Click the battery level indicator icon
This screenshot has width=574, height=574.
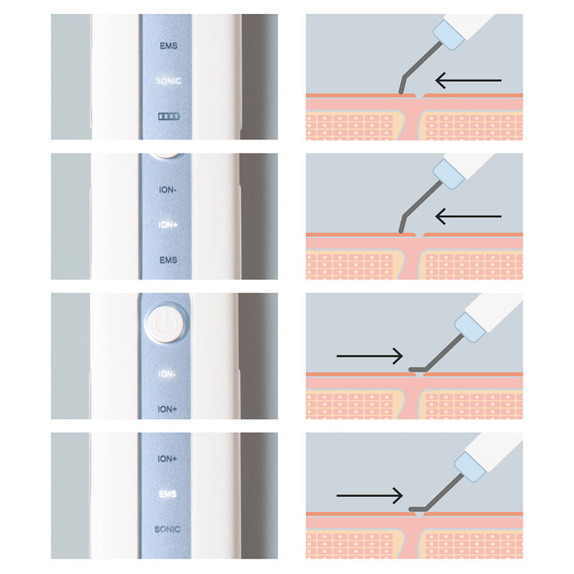point(169,116)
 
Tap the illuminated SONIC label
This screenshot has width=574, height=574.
point(168,81)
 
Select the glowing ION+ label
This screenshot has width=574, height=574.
point(168,225)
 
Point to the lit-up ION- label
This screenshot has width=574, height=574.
point(167,374)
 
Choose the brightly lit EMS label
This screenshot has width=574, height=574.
point(167,494)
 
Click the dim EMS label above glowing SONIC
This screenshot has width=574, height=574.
point(168,46)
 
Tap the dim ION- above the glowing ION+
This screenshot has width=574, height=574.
point(167,190)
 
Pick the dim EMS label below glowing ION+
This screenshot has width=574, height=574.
point(168,260)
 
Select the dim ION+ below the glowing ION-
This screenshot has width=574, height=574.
point(167,409)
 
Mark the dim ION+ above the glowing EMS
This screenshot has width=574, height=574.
point(167,458)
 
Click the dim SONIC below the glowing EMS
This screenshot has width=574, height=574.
point(167,530)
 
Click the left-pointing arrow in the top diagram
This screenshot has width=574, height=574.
point(468,80)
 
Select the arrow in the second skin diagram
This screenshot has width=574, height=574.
point(468,216)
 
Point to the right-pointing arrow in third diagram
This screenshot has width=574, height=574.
point(370,356)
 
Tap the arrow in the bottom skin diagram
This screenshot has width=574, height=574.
point(370,495)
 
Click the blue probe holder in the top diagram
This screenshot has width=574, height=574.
point(449,34)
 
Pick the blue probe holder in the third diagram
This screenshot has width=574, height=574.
point(471,327)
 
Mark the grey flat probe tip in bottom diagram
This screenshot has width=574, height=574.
point(417,509)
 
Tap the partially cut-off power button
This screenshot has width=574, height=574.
point(165,156)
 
